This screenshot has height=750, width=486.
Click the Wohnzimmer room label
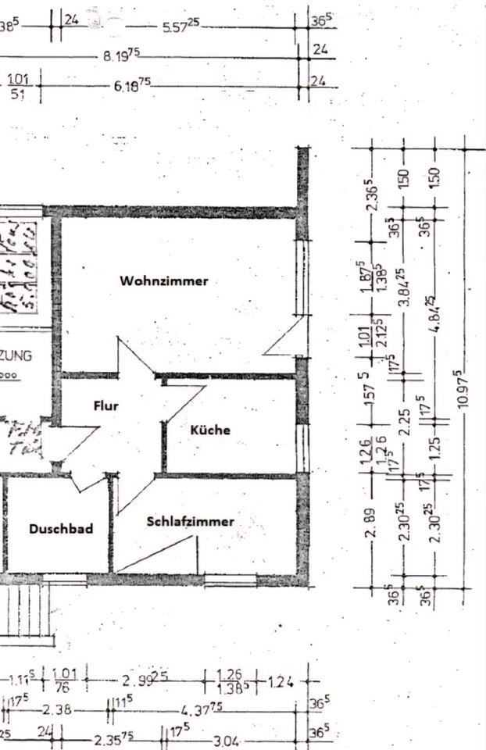(x=164, y=280)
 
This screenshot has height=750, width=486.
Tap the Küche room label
(x=210, y=430)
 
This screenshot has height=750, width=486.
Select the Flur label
(x=105, y=405)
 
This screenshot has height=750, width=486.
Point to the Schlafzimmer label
(x=191, y=521)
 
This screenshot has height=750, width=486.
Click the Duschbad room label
(x=61, y=529)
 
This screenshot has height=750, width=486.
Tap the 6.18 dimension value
(x=132, y=84)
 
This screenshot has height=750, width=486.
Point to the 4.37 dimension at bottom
(x=202, y=708)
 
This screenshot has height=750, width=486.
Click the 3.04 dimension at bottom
(x=229, y=740)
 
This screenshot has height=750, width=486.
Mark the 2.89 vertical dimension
(x=373, y=523)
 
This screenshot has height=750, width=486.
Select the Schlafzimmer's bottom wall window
(x=230, y=580)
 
